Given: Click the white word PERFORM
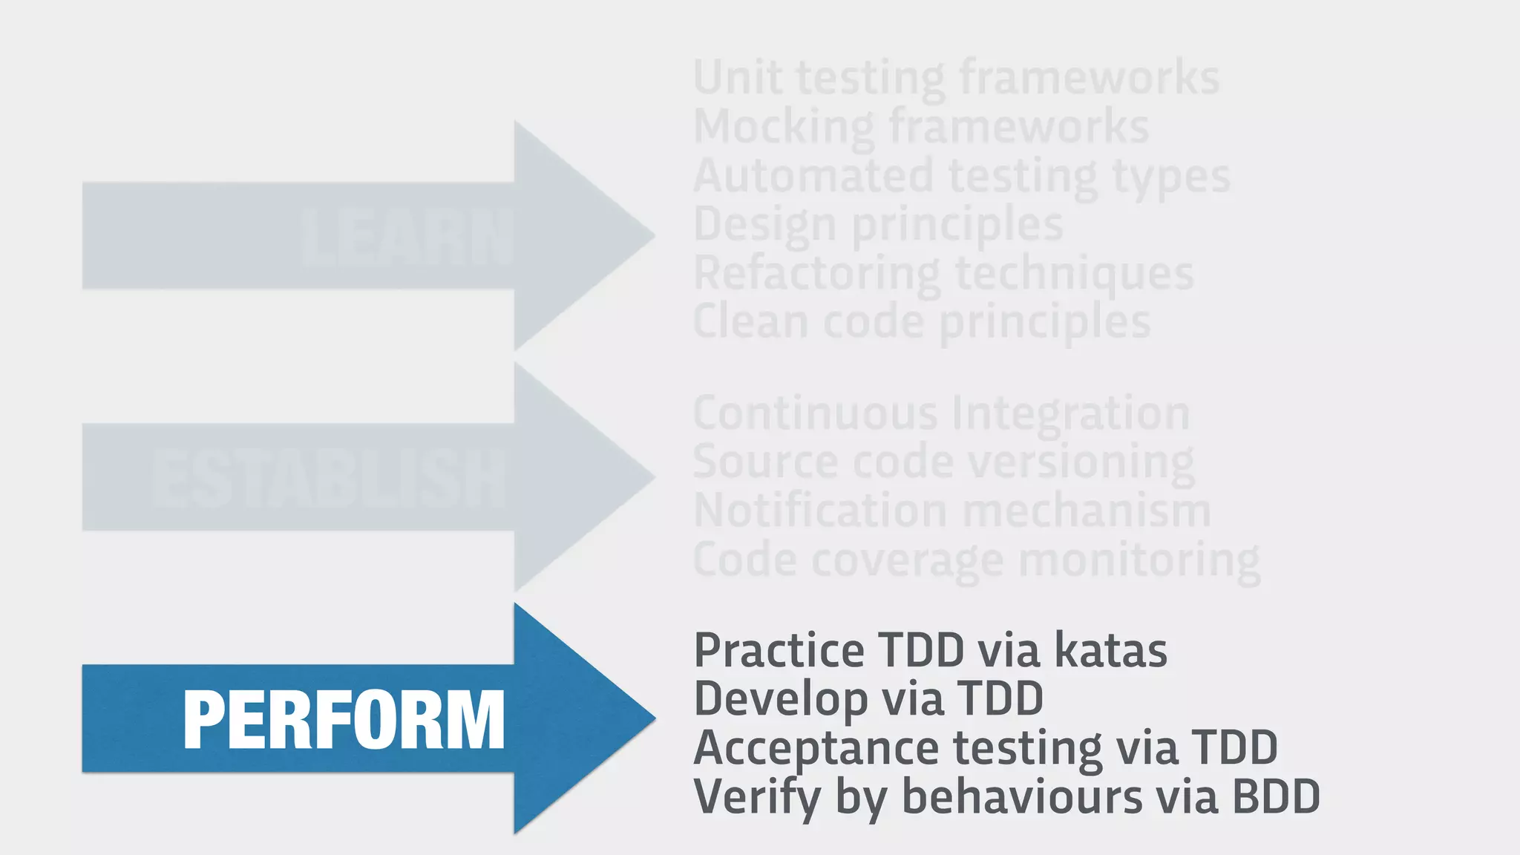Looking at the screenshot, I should pyautogui.click(x=344, y=719).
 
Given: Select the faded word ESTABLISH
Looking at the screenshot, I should pyautogui.click(x=330, y=479).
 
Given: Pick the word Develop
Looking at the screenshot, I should pyautogui.click(x=771, y=700).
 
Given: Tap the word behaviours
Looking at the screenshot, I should pyautogui.click(x=1022, y=797).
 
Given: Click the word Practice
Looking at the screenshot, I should pyautogui.click(x=779, y=651).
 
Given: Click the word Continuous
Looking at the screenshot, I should pyautogui.click(x=815, y=413).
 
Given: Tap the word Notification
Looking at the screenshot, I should pyautogui.click(x=820, y=511).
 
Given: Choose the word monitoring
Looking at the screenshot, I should pyautogui.click(x=1139, y=560).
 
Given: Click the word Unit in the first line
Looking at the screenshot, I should pyautogui.click(x=737, y=77).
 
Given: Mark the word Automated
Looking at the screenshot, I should pyautogui.click(x=813, y=176).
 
